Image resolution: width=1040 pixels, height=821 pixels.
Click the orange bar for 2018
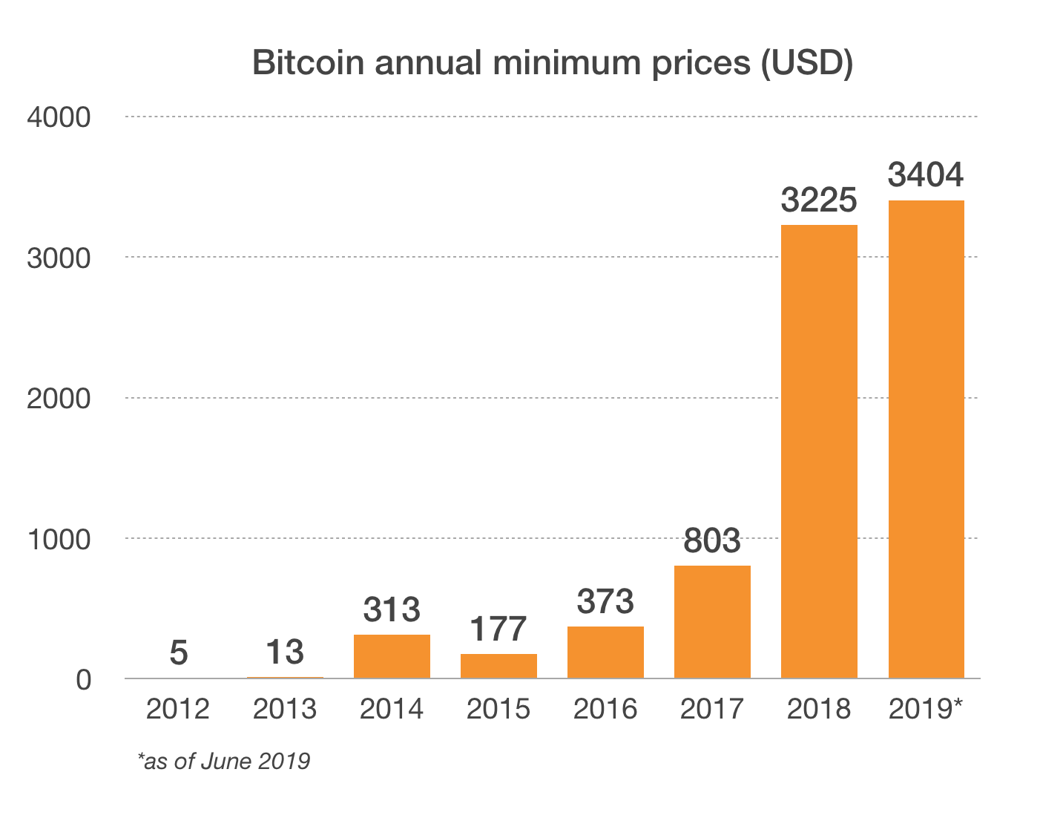click(x=819, y=451)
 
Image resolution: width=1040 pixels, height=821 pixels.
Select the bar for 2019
click(x=926, y=439)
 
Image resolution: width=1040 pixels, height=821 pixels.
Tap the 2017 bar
click(x=712, y=622)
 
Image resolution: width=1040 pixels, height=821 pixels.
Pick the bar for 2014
click(x=392, y=656)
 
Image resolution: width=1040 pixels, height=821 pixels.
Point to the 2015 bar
click(x=498, y=666)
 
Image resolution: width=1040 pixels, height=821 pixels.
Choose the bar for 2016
click(x=605, y=652)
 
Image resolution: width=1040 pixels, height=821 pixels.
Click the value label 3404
click(x=926, y=175)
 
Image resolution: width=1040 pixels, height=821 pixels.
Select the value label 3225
click(x=819, y=200)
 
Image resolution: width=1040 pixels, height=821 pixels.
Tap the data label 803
click(x=712, y=541)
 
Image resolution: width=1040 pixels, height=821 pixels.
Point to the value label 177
click(x=498, y=629)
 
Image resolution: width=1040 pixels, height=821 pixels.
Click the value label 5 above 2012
click(x=178, y=653)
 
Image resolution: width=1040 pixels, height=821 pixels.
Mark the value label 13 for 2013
click(x=285, y=653)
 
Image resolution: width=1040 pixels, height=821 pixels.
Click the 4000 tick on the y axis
click(x=59, y=117)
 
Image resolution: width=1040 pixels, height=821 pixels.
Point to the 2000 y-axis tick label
click(x=59, y=399)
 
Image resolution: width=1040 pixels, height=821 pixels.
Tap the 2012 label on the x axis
click(x=178, y=710)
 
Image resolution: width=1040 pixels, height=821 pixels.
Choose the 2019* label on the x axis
click(x=926, y=710)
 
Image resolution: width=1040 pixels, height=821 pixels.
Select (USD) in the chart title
click(x=807, y=64)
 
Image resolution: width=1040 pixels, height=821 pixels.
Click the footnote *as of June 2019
click(x=224, y=761)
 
